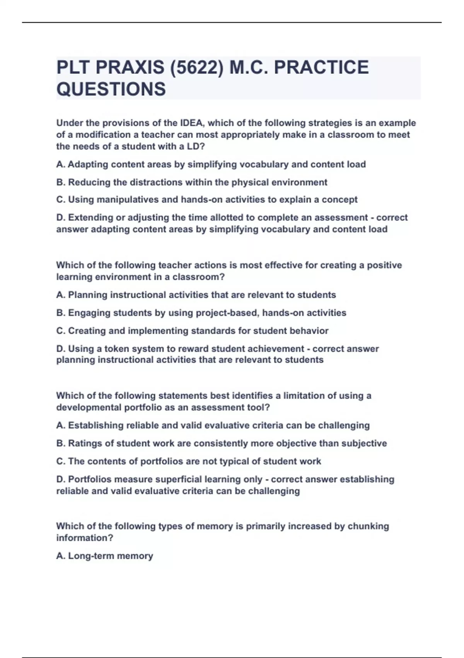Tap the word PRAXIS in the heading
130,68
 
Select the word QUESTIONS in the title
111,89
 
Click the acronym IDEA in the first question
191,123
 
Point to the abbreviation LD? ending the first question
195,146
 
